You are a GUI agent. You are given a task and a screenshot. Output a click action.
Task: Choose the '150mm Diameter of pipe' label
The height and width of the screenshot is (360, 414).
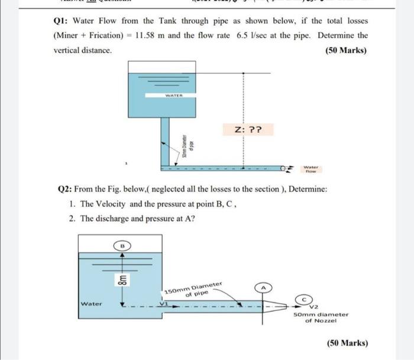coord(194,290)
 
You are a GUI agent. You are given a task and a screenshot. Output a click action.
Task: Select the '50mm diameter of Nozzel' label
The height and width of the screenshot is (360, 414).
coord(321,317)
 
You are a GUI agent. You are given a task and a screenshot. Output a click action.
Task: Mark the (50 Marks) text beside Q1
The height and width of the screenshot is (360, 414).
coord(346,50)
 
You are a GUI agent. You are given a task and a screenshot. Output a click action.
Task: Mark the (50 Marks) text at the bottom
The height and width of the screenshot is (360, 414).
coord(347,343)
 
